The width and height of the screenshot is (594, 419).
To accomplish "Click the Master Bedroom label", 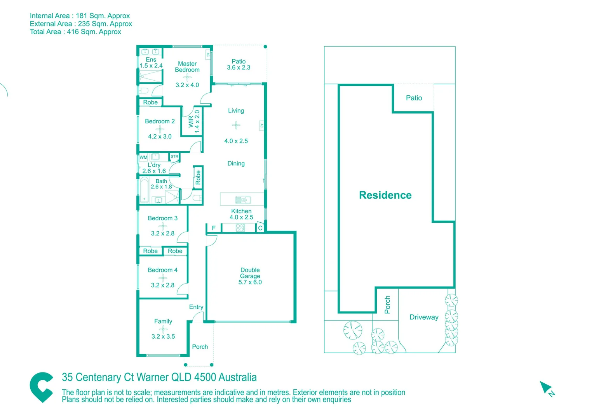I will [187, 67].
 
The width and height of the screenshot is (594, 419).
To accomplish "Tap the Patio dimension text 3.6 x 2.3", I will [239, 68].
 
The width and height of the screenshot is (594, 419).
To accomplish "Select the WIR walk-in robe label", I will [191, 121].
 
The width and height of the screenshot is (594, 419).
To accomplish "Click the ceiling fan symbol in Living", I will [236, 125].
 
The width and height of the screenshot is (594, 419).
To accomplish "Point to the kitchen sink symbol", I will [243, 200].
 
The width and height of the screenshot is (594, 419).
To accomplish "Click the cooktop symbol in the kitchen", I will [240, 228].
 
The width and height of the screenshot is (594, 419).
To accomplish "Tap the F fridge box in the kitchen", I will [214, 228].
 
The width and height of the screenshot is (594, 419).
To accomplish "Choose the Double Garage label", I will [250, 273].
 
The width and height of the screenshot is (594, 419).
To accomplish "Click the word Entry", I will [196, 307].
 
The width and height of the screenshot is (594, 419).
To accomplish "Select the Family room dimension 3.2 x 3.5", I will [163, 336].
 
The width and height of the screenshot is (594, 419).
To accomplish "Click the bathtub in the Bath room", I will [145, 190].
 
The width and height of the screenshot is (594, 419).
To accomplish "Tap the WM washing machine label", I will [143, 158].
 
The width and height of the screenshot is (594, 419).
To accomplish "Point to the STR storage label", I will [174, 157].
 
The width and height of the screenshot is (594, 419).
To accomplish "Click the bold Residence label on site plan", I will [385, 195].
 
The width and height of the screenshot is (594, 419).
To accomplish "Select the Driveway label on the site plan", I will [424, 317].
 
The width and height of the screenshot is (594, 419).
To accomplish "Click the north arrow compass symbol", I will [547, 388].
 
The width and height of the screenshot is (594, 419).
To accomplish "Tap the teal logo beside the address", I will [42, 387].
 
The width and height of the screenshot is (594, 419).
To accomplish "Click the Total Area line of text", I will [75, 32].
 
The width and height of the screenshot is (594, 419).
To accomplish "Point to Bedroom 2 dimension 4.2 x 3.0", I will [160, 137].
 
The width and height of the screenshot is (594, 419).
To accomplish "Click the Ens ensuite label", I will [151, 60].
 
